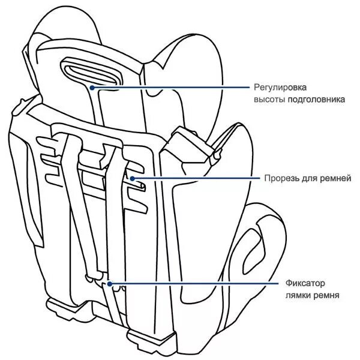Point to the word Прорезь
280,179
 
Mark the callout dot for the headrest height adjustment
92,88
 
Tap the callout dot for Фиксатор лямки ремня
110,283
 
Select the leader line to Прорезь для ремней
198,178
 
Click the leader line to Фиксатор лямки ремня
198,283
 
